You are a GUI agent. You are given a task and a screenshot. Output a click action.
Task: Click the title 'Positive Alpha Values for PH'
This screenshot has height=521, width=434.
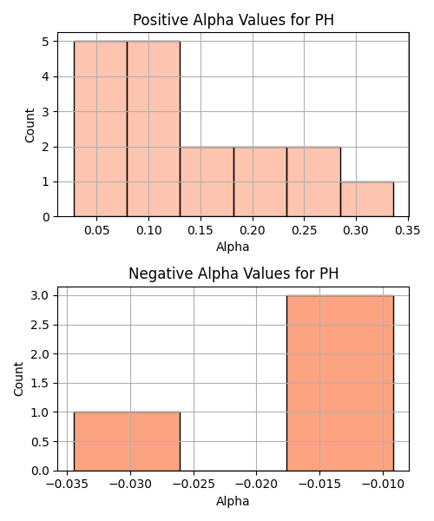[x=233, y=20]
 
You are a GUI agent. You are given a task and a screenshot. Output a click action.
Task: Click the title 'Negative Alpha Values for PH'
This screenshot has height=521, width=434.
[x=233, y=274]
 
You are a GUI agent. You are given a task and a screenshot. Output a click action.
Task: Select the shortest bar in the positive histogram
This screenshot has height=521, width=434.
[x=367, y=199]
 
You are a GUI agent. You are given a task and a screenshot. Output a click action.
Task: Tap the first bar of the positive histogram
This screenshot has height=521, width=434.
[x=101, y=129]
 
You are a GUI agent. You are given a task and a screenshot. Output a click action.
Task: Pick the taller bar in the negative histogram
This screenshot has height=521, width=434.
[x=340, y=383]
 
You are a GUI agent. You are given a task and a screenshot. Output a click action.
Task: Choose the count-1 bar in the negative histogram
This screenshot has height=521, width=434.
[x=127, y=442]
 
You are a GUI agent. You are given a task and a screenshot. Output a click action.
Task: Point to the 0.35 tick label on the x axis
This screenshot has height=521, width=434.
[x=408, y=230]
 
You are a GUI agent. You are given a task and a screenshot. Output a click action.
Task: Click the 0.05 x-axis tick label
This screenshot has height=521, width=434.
[x=96, y=230]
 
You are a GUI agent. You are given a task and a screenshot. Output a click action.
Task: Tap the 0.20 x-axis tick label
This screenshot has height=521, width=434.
[x=253, y=230]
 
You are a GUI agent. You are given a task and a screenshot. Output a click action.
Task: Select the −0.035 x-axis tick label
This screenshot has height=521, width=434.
[x=67, y=485]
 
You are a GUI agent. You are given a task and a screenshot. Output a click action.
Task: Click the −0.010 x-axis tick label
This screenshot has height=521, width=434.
[x=383, y=485]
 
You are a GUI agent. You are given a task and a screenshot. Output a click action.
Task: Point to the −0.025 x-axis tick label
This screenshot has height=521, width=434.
[x=194, y=485]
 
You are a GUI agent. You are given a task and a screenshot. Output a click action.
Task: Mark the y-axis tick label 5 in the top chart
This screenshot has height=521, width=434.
[x=46, y=42]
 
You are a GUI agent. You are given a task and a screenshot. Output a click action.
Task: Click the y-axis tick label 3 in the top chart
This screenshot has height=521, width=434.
[x=46, y=112]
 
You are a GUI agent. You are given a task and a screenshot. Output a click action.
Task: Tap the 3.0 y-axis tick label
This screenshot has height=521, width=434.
[x=41, y=295]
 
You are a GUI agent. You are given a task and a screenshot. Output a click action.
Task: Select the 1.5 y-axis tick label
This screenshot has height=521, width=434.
[x=41, y=383]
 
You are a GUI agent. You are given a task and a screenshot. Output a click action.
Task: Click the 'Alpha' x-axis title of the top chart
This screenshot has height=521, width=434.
[x=233, y=247]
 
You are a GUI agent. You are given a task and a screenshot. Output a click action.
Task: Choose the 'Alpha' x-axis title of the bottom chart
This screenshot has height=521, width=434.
[x=233, y=501]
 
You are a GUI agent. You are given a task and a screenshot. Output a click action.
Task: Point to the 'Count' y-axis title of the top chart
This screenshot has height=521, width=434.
[x=30, y=126]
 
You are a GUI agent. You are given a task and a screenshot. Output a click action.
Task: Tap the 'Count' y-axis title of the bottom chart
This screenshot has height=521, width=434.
[x=18, y=379]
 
